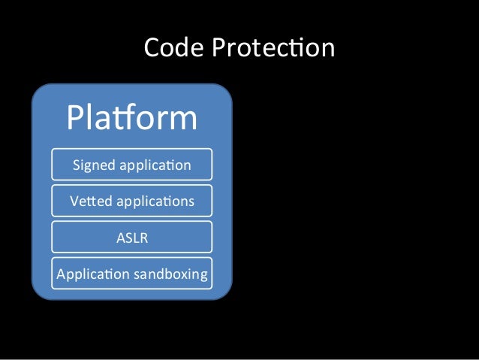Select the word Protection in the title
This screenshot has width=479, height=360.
click(x=273, y=48)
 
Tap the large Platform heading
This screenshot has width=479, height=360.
click(x=131, y=117)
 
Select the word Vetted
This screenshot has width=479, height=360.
click(x=89, y=201)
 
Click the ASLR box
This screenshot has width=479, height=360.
click(x=131, y=238)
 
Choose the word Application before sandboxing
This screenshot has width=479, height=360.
click(x=92, y=274)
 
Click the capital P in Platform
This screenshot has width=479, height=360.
click(x=76, y=118)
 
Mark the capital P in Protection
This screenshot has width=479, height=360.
click(x=219, y=48)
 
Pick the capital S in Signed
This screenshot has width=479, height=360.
click(x=76, y=164)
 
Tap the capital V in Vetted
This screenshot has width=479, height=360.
click(x=74, y=201)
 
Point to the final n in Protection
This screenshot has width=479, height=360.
click(x=327, y=50)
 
